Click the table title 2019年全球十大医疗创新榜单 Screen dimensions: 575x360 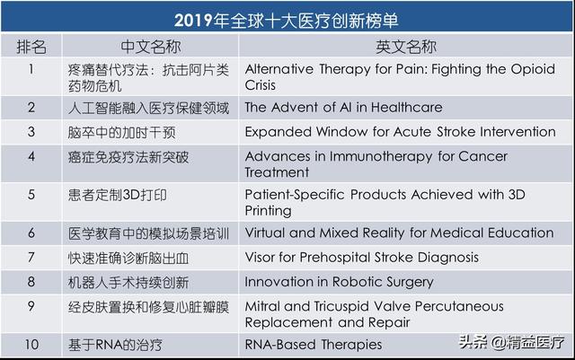[286, 20]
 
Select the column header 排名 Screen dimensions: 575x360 [31, 47]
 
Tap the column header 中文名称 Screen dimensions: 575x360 [151, 47]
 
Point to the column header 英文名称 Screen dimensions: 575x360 [406, 47]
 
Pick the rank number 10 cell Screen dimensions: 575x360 [31, 345]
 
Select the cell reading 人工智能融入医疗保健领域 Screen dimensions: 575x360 [148, 108]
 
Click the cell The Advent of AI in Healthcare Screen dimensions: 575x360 [343, 108]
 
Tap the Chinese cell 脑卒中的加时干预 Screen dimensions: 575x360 [122, 133]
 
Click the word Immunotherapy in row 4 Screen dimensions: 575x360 [381, 157]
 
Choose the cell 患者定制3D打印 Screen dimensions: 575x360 [118, 195]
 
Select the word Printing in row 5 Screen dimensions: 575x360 [269, 211]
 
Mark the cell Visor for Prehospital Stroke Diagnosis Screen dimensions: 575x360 [361, 258]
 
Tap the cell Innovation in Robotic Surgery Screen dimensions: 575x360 [340, 282]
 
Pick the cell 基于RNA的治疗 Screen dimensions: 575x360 [115, 345]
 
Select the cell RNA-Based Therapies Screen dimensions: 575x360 [314, 345]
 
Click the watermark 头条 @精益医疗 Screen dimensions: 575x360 [512, 342]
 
